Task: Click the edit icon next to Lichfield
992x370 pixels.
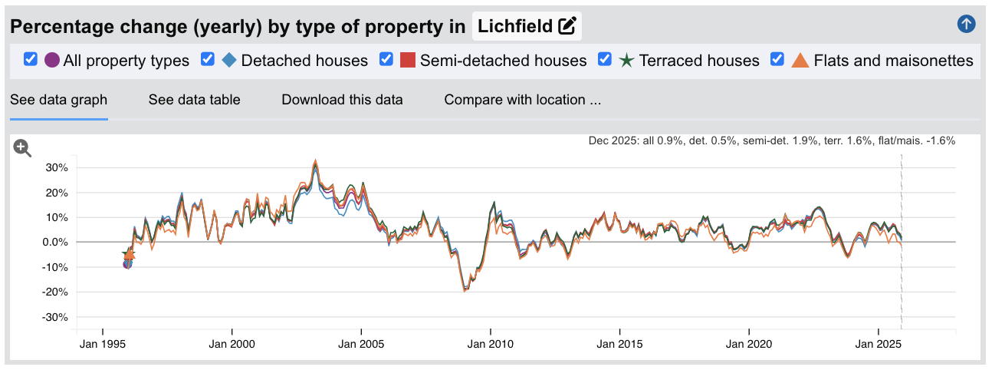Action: (x=567, y=26)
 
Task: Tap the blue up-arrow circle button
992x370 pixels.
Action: (x=966, y=24)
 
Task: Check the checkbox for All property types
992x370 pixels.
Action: (x=31, y=60)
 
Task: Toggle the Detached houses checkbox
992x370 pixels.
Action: (x=207, y=60)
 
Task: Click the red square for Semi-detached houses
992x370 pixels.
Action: (x=408, y=60)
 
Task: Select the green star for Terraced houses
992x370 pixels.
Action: (x=626, y=60)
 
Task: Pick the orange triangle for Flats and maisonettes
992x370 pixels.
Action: (x=800, y=60)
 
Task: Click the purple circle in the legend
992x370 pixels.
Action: (x=52, y=60)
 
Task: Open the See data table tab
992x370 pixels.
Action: (x=194, y=100)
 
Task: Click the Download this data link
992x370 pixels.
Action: (x=342, y=100)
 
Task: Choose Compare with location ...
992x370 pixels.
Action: (x=522, y=100)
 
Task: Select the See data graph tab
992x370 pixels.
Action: (x=58, y=100)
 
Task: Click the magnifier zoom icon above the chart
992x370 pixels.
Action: (x=22, y=148)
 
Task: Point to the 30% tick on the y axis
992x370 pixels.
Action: (x=57, y=167)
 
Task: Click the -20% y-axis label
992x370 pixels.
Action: (x=55, y=292)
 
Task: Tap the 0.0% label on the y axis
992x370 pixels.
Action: (x=55, y=243)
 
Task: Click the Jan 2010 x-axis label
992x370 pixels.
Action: (x=489, y=345)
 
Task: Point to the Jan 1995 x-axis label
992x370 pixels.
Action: (x=102, y=345)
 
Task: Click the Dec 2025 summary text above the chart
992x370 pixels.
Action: (x=771, y=141)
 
